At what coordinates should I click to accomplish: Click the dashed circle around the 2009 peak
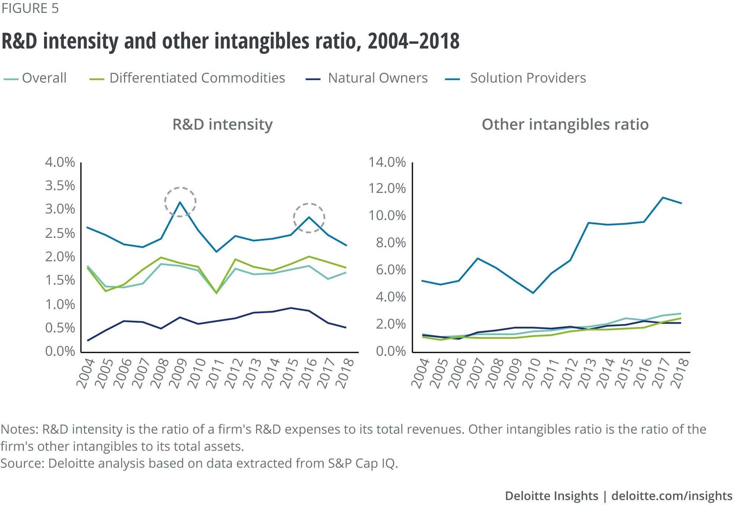pos(180,202)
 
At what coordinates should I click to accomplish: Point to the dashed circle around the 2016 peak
pos(309,218)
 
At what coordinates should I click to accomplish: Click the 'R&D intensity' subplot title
pos(222,124)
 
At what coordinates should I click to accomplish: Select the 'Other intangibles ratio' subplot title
pos(565,124)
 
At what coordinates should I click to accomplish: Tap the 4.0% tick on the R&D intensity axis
pos(60,162)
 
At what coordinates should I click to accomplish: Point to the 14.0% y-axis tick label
pos(387,162)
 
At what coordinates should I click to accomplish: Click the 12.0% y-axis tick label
pos(387,189)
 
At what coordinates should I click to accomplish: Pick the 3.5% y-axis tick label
pos(60,186)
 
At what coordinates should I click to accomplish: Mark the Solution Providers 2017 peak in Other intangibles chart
pos(663,197)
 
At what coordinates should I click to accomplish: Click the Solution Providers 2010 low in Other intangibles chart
pos(533,293)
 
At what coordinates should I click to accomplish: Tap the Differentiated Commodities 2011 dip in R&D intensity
pos(216,293)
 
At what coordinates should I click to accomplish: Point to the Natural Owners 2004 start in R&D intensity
pos(87,341)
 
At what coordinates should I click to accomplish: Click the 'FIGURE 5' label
pos(30,8)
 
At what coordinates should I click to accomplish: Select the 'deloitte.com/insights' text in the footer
pos(672,496)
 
